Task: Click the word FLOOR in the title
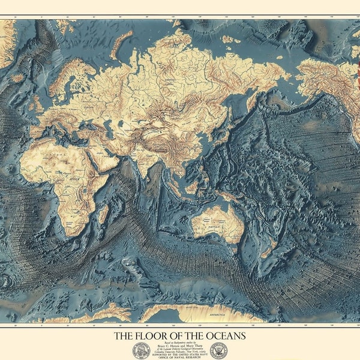pyautogui.click(x=155, y=335)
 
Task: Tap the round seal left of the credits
pyautogui.click(x=141, y=350)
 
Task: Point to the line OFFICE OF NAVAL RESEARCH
pyautogui.click(x=181, y=357)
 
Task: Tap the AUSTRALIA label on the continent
pyautogui.click(x=217, y=224)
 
